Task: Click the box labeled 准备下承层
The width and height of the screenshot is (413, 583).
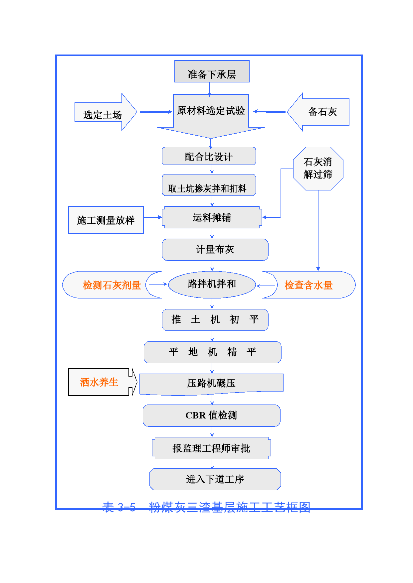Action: [x=212, y=71]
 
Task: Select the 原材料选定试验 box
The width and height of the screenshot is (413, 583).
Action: [x=211, y=111]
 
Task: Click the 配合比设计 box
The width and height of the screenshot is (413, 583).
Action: [x=209, y=156]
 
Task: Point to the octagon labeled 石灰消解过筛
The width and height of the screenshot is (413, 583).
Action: [x=318, y=169]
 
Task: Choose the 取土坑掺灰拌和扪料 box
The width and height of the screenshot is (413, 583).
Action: [x=209, y=185]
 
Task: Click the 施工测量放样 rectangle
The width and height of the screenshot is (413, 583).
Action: [x=106, y=220]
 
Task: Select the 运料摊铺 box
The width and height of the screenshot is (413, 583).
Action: [x=212, y=217]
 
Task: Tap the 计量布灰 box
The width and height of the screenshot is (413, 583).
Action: [x=215, y=250]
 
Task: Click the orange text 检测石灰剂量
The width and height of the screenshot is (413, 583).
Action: [x=112, y=285]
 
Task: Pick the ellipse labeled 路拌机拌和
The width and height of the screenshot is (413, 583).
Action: [x=212, y=284]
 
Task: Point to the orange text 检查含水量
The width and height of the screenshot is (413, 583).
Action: [x=309, y=285]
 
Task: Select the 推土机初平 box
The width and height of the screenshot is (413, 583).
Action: [x=215, y=320]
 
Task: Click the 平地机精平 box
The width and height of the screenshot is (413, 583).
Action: [x=212, y=352]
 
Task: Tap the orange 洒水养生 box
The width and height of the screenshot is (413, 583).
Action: [x=99, y=382]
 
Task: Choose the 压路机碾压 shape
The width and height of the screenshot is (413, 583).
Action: [x=211, y=383]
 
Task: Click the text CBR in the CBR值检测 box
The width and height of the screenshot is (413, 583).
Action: [x=196, y=415]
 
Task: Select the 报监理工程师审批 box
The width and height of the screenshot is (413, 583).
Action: [x=211, y=448]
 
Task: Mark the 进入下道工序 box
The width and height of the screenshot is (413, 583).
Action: [x=215, y=479]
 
